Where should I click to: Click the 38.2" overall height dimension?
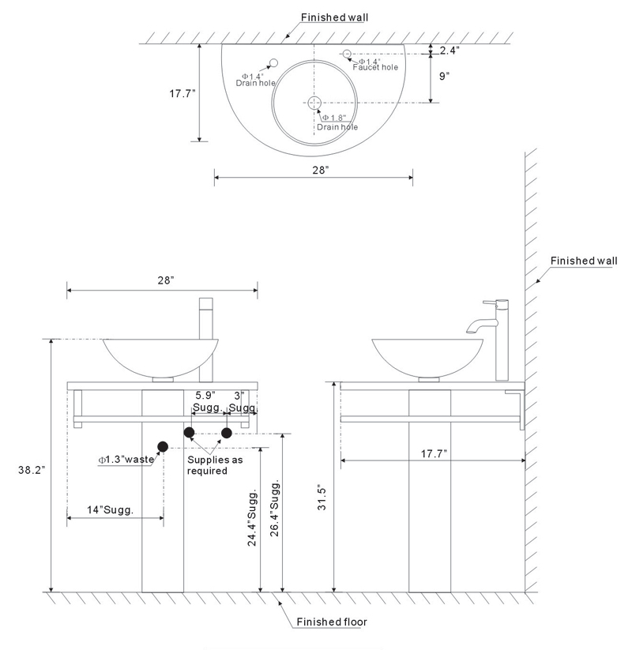click(x=31, y=470)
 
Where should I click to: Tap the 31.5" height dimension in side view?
click(x=322, y=497)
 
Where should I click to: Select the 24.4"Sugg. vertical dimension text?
click(x=252, y=518)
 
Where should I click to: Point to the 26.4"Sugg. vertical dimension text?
click(x=275, y=509)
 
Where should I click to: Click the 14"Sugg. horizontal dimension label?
click(x=110, y=509)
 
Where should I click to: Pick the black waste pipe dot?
click(x=163, y=447)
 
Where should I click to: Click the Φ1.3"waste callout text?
click(x=126, y=460)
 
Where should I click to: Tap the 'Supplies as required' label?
click(x=215, y=465)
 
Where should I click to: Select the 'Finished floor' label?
click(x=332, y=622)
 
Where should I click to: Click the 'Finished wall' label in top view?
click(x=334, y=17)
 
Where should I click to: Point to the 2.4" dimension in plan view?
click(x=450, y=51)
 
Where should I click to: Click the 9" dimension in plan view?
click(x=444, y=77)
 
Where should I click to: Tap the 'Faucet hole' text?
click(x=375, y=67)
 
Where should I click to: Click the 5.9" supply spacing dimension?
click(x=205, y=395)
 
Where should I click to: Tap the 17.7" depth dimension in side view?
click(x=434, y=453)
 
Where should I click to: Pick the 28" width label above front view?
click(x=165, y=280)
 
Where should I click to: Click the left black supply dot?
click(x=189, y=433)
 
